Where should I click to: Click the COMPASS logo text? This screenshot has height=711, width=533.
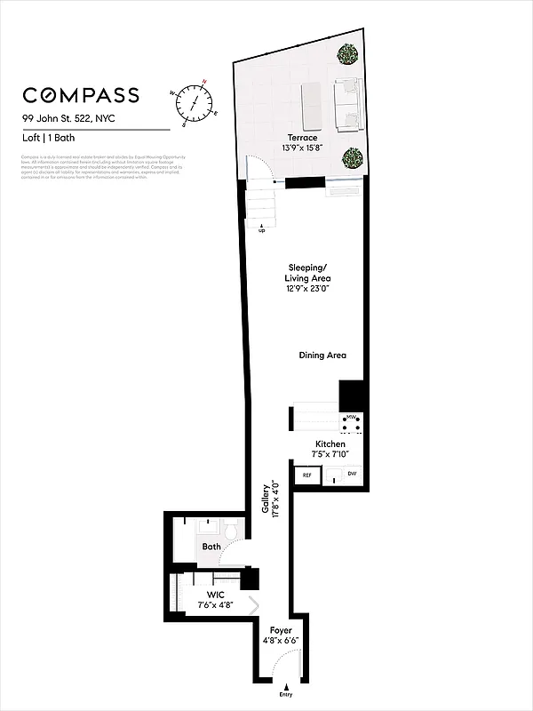[x=81, y=95]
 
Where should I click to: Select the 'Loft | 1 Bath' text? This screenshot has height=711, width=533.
[x=49, y=138]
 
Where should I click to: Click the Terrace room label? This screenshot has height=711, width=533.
[x=302, y=138]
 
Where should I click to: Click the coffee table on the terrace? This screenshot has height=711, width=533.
[x=313, y=105]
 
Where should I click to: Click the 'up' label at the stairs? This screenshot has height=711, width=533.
[x=262, y=231]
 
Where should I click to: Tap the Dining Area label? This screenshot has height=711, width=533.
[x=322, y=355]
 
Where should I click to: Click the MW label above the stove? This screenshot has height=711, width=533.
[x=351, y=416]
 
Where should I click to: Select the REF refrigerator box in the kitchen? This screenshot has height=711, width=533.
[x=307, y=475]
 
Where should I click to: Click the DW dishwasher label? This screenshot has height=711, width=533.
[x=352, y=475]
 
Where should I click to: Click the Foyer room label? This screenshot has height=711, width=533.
[x=280, y=630]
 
